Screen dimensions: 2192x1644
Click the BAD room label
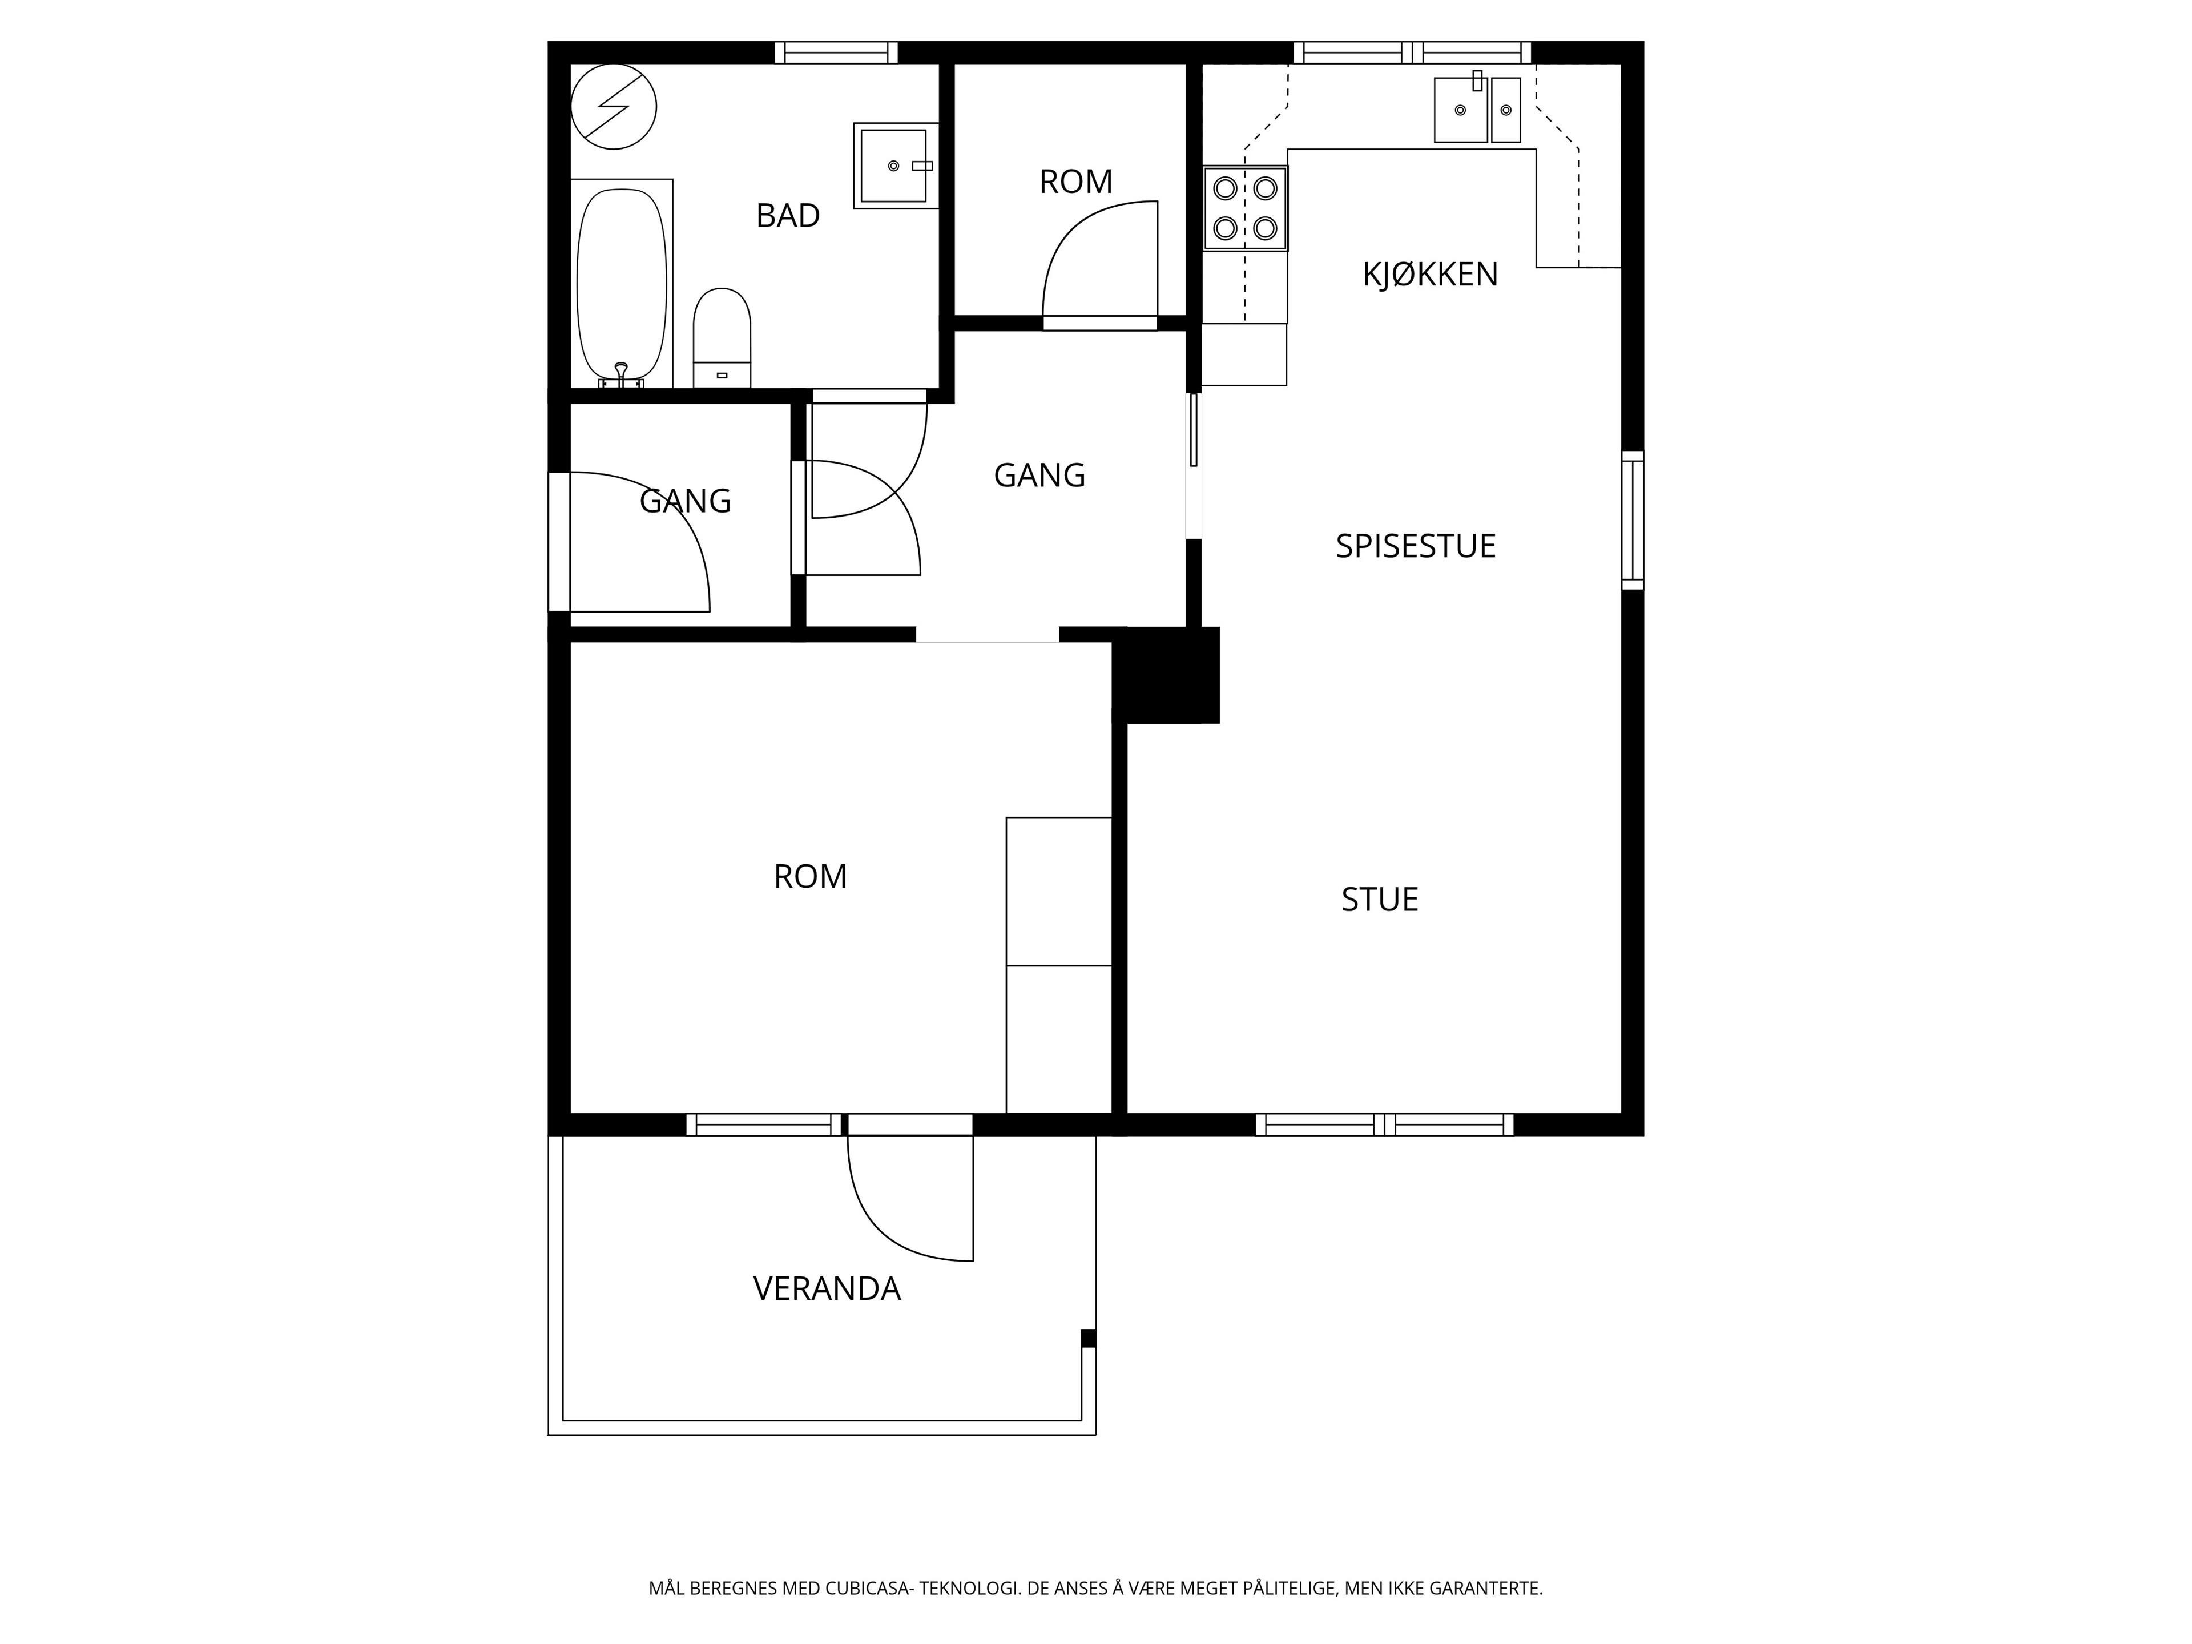pos(788,215)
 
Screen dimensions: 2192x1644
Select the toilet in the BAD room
pos(722,338)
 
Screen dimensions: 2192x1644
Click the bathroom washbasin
pos(896,166)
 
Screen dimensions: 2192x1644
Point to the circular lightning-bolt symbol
pos(614,107)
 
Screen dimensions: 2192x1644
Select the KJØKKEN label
pos(1430,275)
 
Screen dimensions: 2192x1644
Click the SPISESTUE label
pos(1415,546)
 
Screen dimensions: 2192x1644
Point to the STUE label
pos(1379,900)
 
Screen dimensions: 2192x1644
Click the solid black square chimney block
pos(1166,675)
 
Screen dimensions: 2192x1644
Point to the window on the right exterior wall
pos(1632,520)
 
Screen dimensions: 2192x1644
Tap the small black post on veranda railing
pos(1088,1339)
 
